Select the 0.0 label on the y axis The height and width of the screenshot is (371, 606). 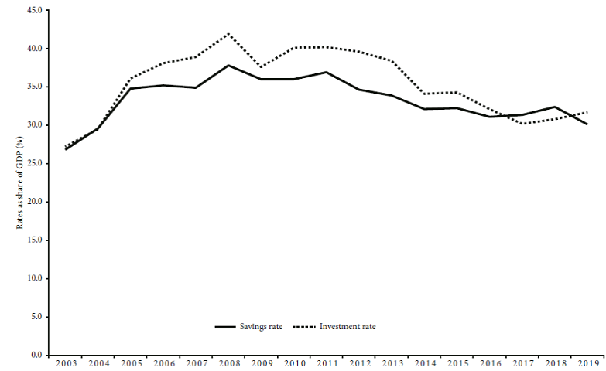point(36,355)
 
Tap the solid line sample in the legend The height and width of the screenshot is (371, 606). point(225,327)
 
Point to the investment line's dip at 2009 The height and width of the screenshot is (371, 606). point(261,67)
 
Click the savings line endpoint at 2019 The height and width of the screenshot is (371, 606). point(587,124)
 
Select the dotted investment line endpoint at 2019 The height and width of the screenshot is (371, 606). point(587,112)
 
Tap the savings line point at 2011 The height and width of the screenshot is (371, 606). point(327,72)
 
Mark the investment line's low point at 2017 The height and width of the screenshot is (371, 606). point(522,124)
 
